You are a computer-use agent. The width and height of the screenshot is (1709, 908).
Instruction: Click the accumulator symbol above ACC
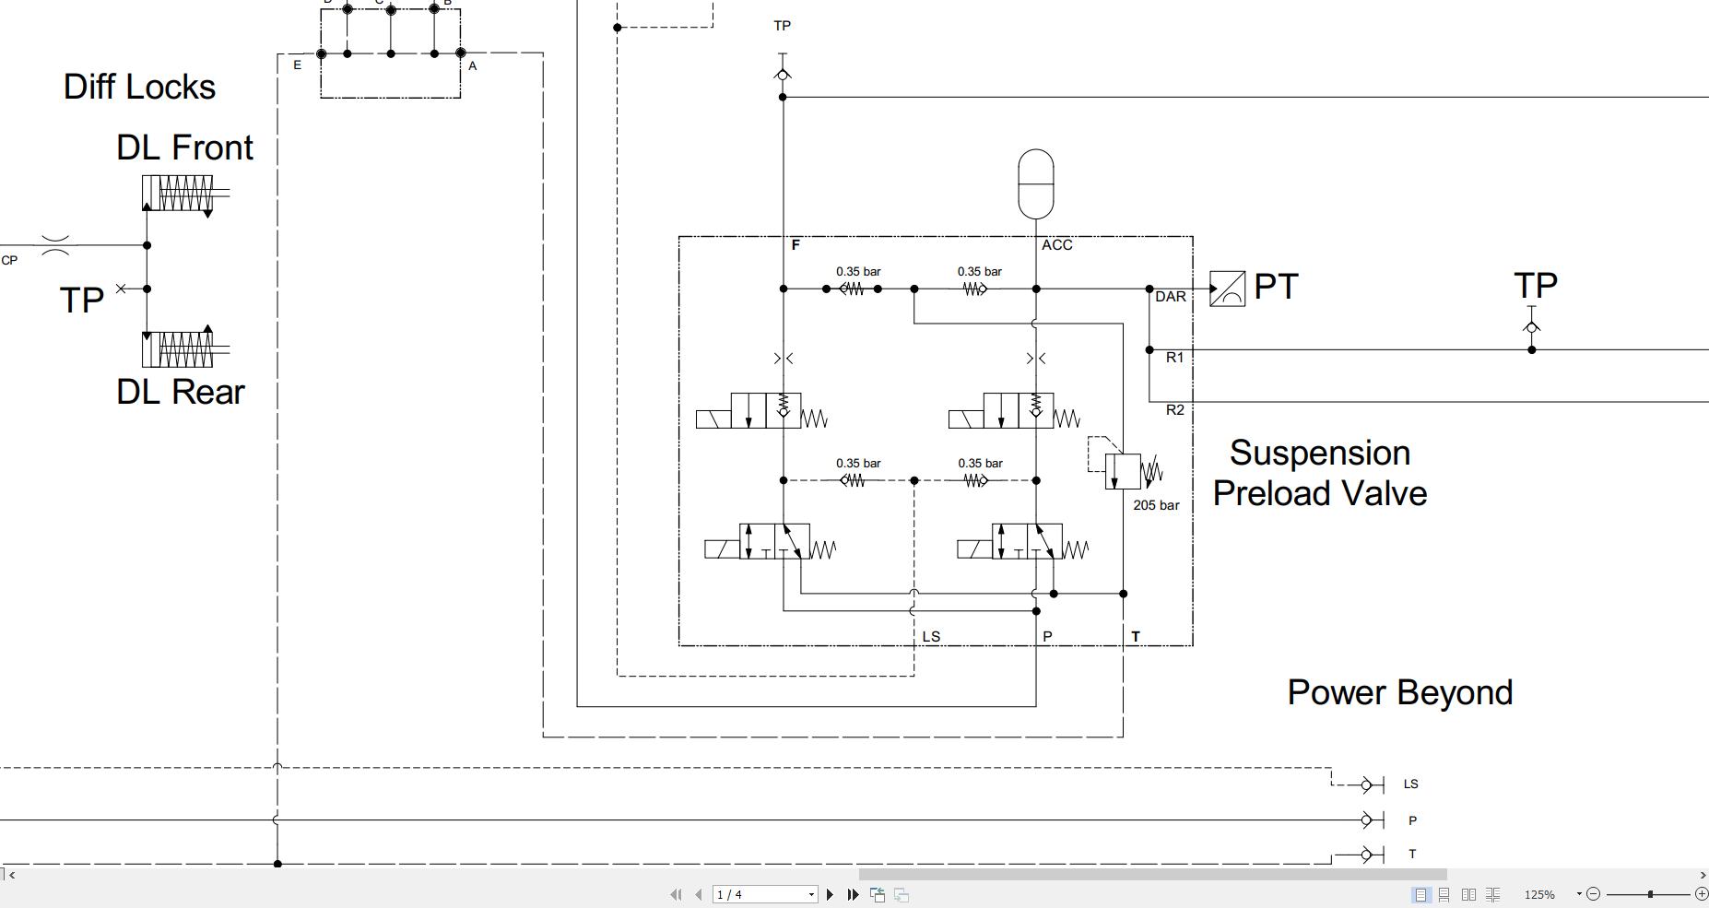(x=1036, y=184)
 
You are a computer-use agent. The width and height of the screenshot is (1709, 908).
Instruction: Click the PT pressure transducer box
(x=1227, y=289)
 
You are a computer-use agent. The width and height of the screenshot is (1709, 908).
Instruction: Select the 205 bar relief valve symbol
(x=1123, y=471)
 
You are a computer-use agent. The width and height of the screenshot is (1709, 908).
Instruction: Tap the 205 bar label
(x=1156, y=505)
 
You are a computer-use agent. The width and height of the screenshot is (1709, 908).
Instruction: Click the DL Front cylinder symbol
(x=178, y=194)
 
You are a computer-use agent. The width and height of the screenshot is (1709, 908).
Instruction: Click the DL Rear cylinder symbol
(x=178, y=349)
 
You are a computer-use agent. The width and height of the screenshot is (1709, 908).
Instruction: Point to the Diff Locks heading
(x=139, y=87)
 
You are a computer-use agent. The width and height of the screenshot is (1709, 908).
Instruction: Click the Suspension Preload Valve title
(x=1320, y=473)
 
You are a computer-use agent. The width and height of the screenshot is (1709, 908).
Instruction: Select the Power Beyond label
(x=1399, y=692)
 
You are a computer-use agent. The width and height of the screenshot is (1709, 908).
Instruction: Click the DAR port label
(x=1171, y=297)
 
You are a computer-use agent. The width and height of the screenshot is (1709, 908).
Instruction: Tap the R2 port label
(x=1174, y=410)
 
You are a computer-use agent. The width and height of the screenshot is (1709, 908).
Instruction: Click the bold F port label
(x=796, y=245)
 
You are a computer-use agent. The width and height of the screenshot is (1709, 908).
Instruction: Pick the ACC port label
(x=1056, y=245)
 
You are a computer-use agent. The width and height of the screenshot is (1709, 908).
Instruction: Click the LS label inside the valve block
(x=931, y=637)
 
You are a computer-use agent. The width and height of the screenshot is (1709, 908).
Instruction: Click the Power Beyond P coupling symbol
(x=1372, y=820)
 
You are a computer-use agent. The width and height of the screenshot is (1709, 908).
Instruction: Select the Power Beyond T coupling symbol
(x=1372, y=855)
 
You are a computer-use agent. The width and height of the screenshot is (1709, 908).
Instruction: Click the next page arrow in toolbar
(x=830, y=894)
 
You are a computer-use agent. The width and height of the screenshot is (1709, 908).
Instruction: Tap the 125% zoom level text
(x=1538, y=894)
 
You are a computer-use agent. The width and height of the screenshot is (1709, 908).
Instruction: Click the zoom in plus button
(x=1702, y=894)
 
